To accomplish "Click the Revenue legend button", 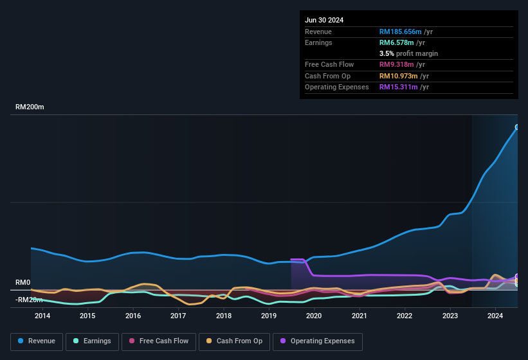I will click(x=37, y=341).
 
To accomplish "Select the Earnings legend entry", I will click(x=92, y=341).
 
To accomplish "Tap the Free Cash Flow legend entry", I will click(x=159, y=341).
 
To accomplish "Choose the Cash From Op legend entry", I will click(x=234, y=341).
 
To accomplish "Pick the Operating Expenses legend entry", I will click(x=317, y=341).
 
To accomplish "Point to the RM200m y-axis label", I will click(x=30, y=107).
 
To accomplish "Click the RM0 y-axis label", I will click(x=23, y=283).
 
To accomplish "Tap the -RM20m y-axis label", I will click(x=30, y=300).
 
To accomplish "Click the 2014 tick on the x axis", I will click(x=42, y=316).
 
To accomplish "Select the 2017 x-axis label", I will click(x=178, y=316).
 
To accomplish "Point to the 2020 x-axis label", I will click(x=314, y=316).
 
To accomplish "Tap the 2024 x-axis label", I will click(x=495, y=316).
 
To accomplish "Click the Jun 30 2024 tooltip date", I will click(x=324, y=20).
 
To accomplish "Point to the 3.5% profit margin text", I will click(x=408, y=53).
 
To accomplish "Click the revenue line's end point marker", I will click(x=517, y=127).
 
